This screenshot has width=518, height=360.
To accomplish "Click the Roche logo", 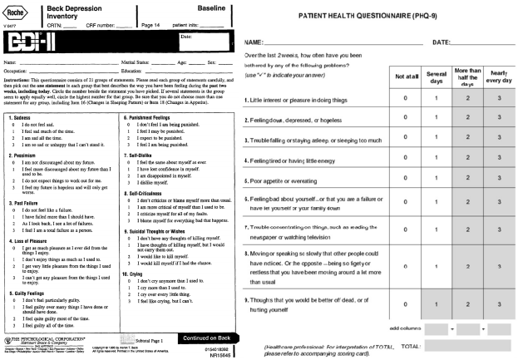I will (17, 9).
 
